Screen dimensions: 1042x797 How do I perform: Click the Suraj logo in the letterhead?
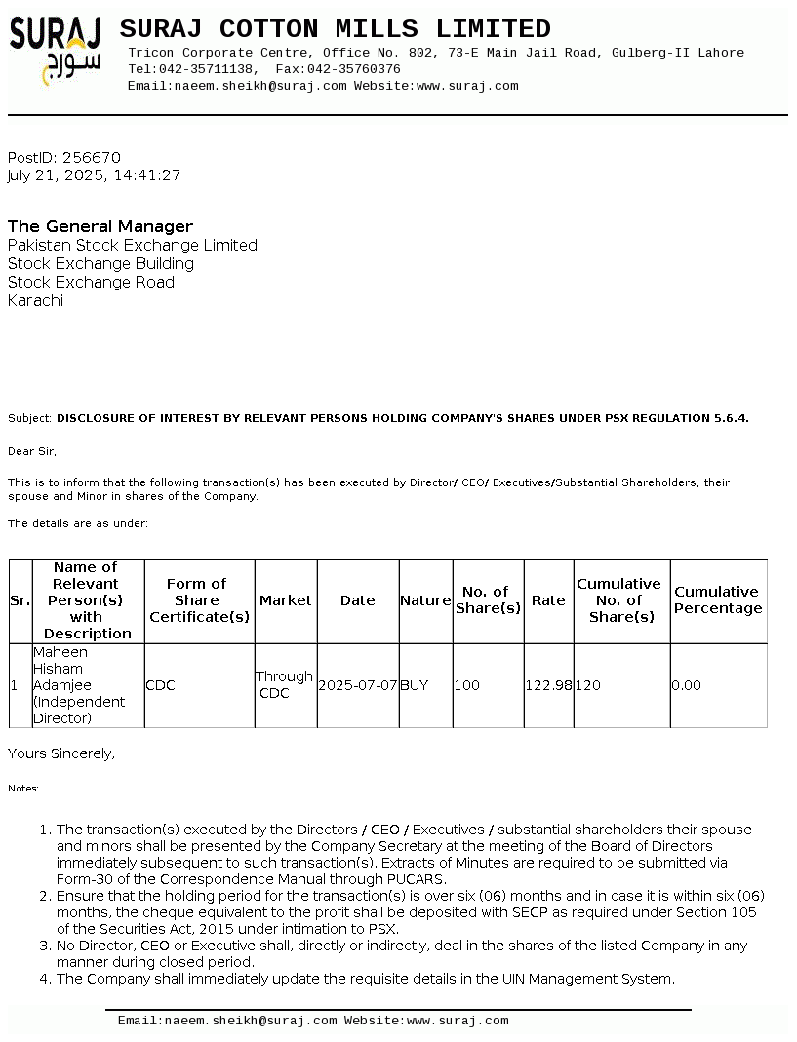(56, 50)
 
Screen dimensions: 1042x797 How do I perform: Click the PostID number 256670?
(91, 158)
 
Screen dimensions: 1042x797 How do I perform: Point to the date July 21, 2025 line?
(94, 176)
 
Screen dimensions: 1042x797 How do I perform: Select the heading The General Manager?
(100, 227)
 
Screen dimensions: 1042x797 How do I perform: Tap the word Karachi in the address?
(35, 301)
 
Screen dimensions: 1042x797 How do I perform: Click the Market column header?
(286, 600)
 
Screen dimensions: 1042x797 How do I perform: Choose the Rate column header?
(548, 600)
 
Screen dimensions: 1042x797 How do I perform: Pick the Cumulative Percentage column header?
(718, 600)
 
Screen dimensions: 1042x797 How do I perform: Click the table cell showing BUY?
(415, 686)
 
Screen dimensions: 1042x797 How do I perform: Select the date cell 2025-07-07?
(358, 686)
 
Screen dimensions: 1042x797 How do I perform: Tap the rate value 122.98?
(549, 686)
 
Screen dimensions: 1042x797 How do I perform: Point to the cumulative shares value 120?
(588, 686)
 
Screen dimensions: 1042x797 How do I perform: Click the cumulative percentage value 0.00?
(687, 686)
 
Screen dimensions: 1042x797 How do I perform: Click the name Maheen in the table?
(60, 652)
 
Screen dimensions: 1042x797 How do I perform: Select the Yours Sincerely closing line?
(61, 753)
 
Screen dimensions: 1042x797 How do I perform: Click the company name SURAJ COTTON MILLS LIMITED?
(335, 29)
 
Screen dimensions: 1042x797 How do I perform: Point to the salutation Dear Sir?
(32, 452)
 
